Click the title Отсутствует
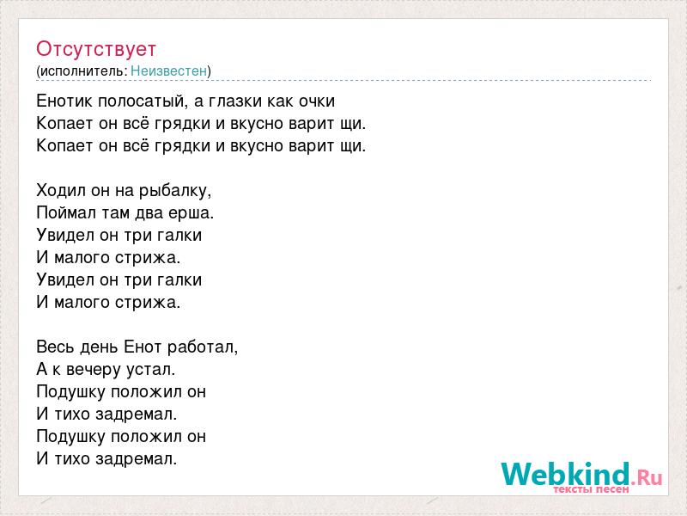click(x=96, y=49)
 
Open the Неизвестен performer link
click(x=168, y=71)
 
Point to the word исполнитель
click(x=82, y=71)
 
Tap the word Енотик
click(x=65, y=101)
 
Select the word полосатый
click(x=143, y=101)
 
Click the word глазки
click(x=234, y=101)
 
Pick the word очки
click(x=317, y=101)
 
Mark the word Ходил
click(x=61, y=191)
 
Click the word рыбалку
click(x=175, y=191)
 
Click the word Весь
click(x=55, y=347)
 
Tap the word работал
click(x=203, y=347)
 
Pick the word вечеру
click(x=94, y=370)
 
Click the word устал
click(x=151, y=370)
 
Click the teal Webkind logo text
click(x=566, y=474)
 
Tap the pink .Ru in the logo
click(x=647, y=476)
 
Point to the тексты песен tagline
click(x=591, y=489)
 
